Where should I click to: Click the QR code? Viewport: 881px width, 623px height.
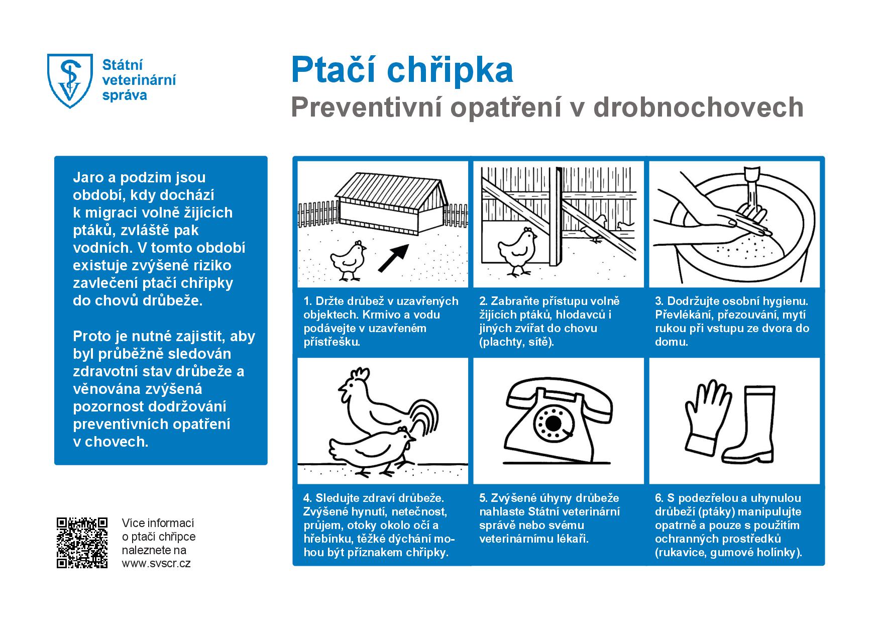click(82, 543)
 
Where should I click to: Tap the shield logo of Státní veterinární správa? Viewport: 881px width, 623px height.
click(70, 81)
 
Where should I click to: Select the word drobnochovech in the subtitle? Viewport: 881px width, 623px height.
click(699, 107)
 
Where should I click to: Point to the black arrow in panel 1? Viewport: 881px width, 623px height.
click(394, 258)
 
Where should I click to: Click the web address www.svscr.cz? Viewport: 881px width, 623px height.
click(156, 563)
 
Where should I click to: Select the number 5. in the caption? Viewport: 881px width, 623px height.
click(484, 498)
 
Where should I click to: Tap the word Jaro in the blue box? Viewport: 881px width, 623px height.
click(89, 177)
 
